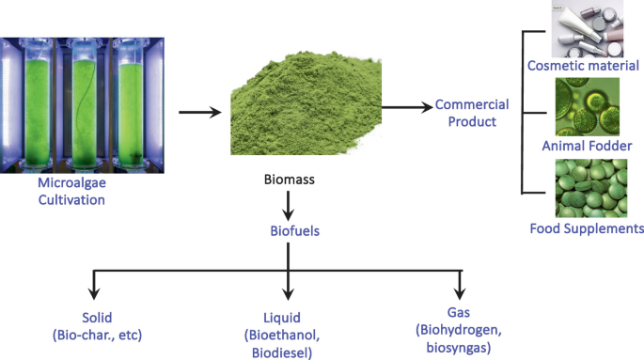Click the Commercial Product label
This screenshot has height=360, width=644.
pos(471,113)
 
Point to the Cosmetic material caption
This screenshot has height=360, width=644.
pos(584,66)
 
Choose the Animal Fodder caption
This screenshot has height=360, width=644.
pos(587,146)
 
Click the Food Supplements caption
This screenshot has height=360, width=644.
pos(587,228)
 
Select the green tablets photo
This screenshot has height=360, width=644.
pos(587,188)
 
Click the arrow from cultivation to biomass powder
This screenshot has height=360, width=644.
pos(199,113)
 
